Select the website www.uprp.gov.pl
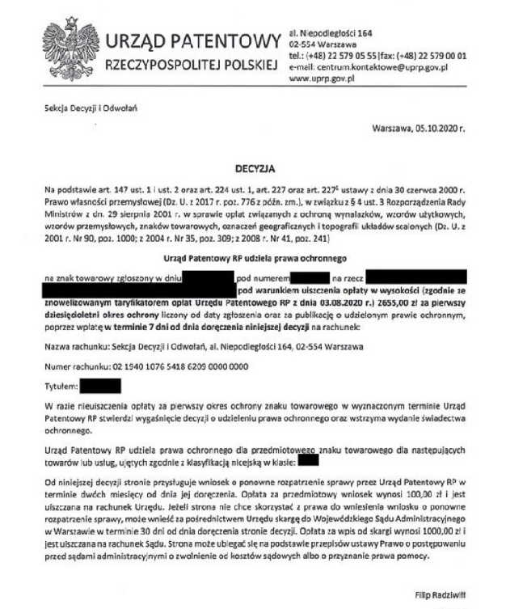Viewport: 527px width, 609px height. [x=319, y=78]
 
